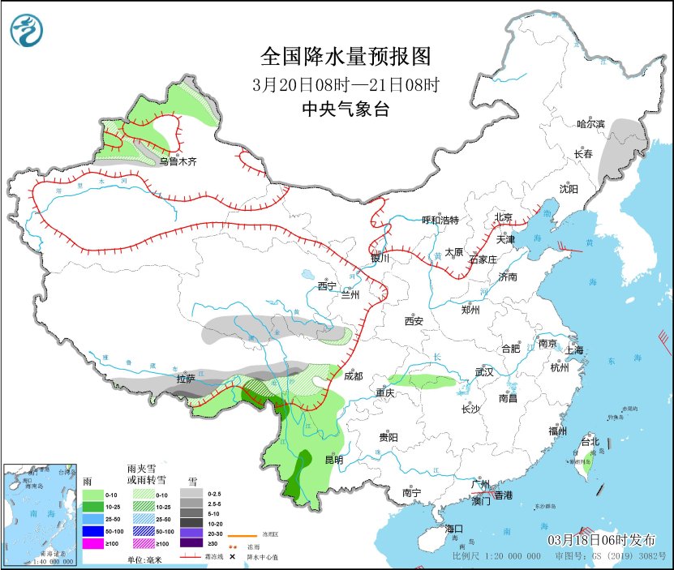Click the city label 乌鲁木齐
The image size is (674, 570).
pyautogui.click(x=178, y=162)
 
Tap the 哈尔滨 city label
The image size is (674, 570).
pyautogui.click(x=590, y=124)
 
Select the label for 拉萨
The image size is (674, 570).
pyautogui.click(x=186, y=379)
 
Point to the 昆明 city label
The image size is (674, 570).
pyautogui.click(x=333, y=460)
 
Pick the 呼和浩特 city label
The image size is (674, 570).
pyautogui.click(x=440, y=220)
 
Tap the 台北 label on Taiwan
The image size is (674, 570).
pyautogui.click(x=589, y=442)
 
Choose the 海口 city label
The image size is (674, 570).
pyautogui.click(x=456, y=529)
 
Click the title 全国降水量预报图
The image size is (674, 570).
pyautogui.click(x=345, y=57)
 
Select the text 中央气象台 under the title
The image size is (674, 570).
pyautogui.click(x=345, y=109)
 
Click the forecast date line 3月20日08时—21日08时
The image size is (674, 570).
pyautogui.click(x=345, y=84)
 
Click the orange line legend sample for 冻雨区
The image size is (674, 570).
pyautogui.click(x=247, y=535)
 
